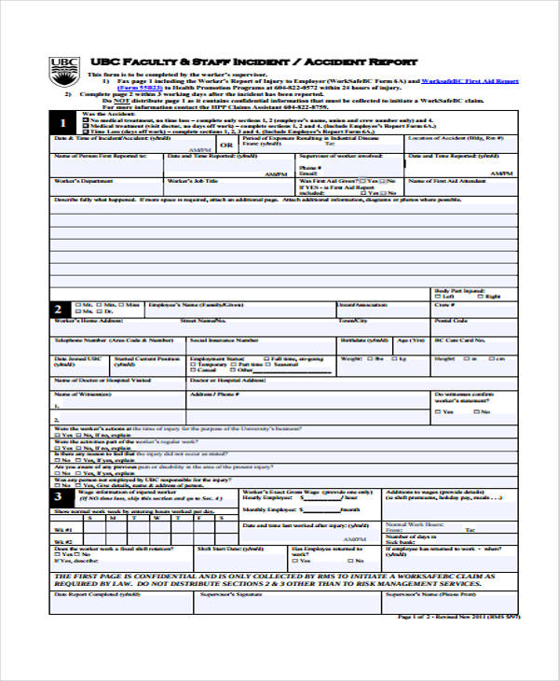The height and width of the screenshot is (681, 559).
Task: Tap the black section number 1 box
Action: click(x=62, y=123)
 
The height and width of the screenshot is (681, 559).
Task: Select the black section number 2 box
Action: click(x=61, y=309)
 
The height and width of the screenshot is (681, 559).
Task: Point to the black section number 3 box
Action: click(x=61, y=495)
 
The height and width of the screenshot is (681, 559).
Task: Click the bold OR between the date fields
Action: click(x=225, y=146)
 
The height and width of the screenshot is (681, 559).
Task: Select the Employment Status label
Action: click(x=215, y=358)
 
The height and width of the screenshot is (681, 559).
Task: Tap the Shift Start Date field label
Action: click(x=220, y=550)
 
